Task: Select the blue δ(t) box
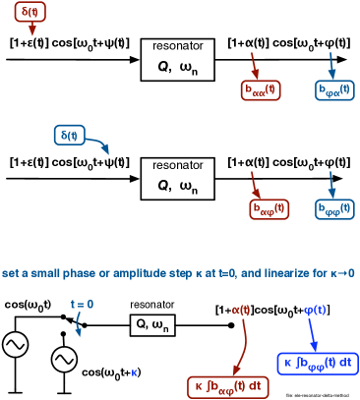tap(69, 135)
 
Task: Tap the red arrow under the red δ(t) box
tap(31, 29)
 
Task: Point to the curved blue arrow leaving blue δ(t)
tap(98, 144)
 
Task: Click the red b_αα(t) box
tap(261, 90)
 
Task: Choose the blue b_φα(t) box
tap(334, 90)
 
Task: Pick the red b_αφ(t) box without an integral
tap(269, 209)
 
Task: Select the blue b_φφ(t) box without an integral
tap(334, 209)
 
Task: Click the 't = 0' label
tap(82, 305)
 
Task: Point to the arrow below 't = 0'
tap(78, 325)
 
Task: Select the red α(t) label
tap(241, 310)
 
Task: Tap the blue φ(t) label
tap(315, 310)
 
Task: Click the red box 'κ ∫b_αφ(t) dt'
tap(227, 387)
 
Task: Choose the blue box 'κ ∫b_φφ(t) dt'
tap(318, 363)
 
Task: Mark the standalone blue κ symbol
tap(135, 372)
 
